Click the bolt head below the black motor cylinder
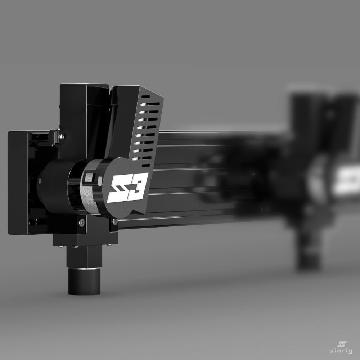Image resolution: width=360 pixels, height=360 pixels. (x=82, y=222)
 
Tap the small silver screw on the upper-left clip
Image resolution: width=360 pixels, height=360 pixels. (x=62, y=136)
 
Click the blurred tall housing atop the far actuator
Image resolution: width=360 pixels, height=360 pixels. (x=306, y=112)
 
